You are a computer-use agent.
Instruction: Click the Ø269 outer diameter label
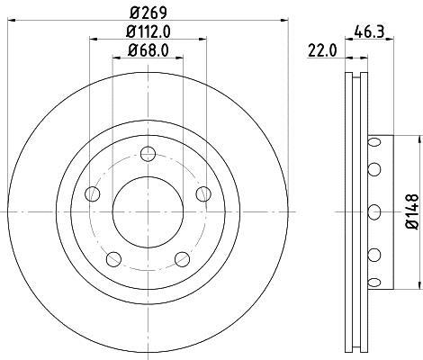click(148, 13)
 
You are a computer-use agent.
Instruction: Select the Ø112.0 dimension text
click(148, 31)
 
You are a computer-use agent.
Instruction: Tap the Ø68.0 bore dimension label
click(148, 50)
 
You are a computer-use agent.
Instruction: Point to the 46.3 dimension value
click(369, 31)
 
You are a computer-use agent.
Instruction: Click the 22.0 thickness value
click(322, 50)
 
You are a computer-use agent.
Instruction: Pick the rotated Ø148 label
click(412, 211)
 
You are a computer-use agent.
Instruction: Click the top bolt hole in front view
click(148, 154)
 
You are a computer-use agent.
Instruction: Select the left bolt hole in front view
click(93, 193)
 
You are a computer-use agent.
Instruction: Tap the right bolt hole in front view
click(203, 193)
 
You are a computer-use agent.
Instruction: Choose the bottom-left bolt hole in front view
click(113, 259)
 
